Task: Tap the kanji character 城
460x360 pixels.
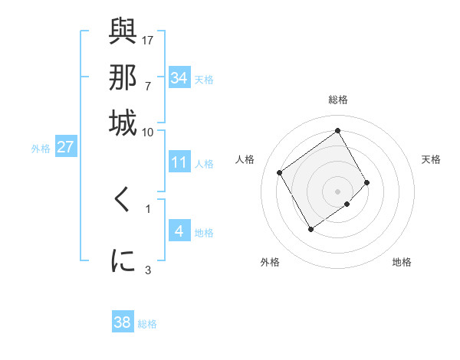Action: coord(123,123)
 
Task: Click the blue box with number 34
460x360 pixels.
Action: coord(179,78)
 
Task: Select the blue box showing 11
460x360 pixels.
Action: coord(179,162)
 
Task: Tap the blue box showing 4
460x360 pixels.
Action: coord(179,231)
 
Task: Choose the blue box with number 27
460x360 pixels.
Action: coord(65,147)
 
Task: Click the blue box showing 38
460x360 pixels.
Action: coord(123,322)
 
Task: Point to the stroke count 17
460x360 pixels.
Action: coord(148,39)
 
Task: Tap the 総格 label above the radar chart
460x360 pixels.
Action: coord(338,100)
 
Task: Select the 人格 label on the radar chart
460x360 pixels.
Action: coord(245,159)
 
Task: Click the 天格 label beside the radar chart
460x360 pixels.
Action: coord(431,159)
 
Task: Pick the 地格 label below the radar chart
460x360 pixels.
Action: coord(402,262)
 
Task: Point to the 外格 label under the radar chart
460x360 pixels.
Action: coord(270,262)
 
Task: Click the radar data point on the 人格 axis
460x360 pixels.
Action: coord(280,172)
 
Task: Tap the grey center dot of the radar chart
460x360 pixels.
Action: coord(337,191)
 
